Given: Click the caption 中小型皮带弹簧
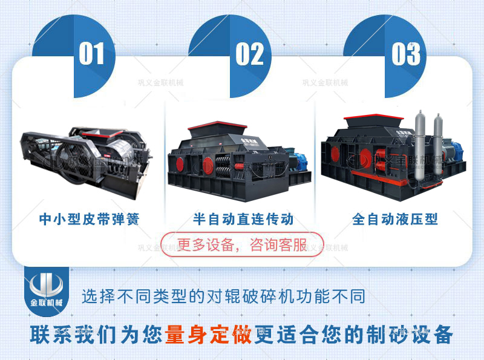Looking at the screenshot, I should [89, 218].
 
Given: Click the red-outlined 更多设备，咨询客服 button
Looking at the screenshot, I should [242, 244].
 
